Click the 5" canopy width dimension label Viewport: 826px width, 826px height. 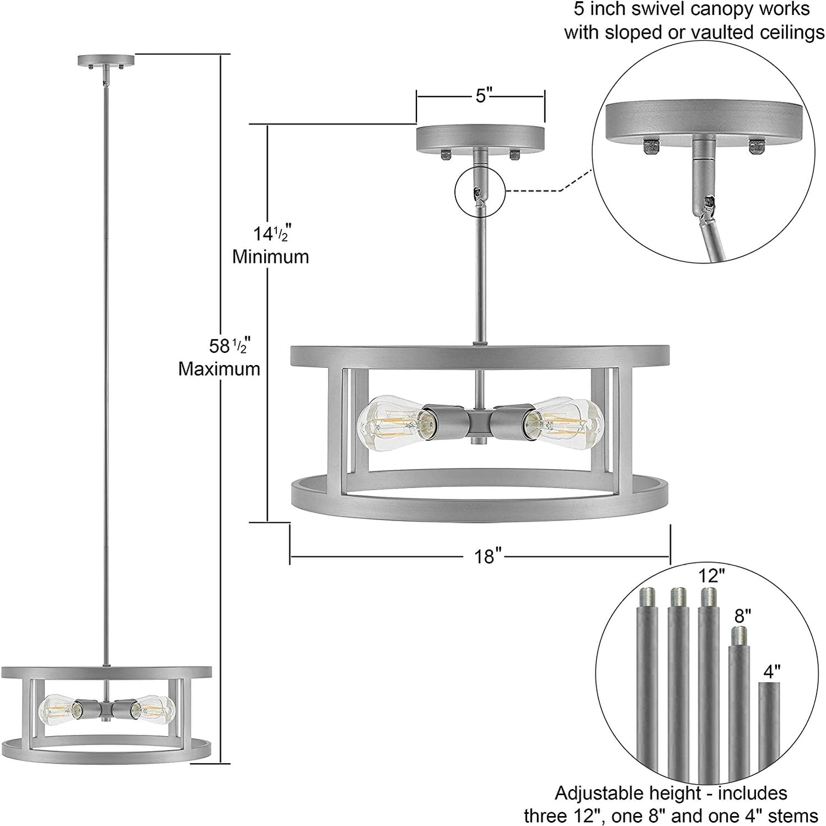(484, 96)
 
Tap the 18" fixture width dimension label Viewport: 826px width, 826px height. (485, 556)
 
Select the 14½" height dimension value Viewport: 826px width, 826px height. (271, 234)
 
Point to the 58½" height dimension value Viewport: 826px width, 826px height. (227, 346)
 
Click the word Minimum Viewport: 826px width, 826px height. (270, 257)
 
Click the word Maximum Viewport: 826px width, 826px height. (219, 369)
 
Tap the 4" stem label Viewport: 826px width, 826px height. (772, 671)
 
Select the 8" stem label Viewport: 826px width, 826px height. (743, 616)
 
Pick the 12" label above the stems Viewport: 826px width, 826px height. (711, 576)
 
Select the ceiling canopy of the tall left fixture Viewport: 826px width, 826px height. (106, 60)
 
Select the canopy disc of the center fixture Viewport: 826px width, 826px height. (480, 137)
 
